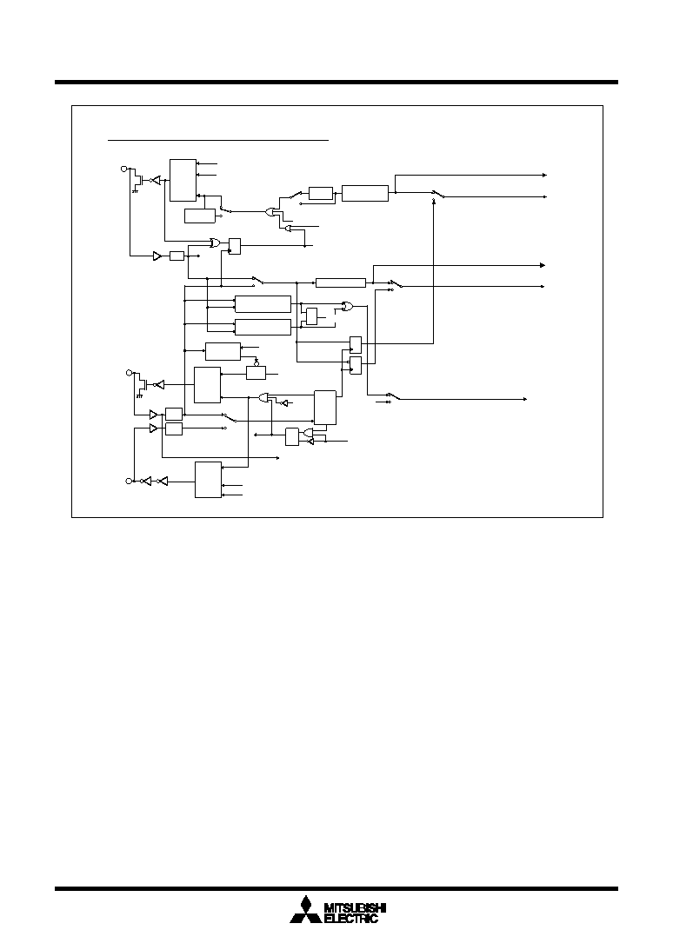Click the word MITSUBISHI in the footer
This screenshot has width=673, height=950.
[356, 907]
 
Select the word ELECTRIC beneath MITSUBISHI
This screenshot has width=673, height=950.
[351, 919]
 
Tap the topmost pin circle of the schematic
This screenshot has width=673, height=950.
[125, 168]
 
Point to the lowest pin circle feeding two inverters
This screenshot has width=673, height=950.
[128, 481]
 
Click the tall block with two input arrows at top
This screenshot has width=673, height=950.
[183, 180]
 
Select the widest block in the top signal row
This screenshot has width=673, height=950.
[365, 193]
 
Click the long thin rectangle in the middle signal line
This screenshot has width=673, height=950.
[341, 283]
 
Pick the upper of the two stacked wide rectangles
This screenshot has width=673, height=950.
[263, 304]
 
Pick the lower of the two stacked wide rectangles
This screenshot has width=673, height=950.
[263, 327]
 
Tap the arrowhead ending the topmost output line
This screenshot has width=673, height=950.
[544, 175]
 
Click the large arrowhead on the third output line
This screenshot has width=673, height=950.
[543, 265]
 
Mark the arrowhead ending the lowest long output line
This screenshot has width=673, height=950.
[524, 399]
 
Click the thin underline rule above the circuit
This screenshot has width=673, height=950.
[218, 140]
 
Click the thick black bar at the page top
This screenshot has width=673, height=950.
[336, 82]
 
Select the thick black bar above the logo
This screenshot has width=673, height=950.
[336, 889]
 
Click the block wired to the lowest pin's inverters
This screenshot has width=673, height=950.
[208, 480]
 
